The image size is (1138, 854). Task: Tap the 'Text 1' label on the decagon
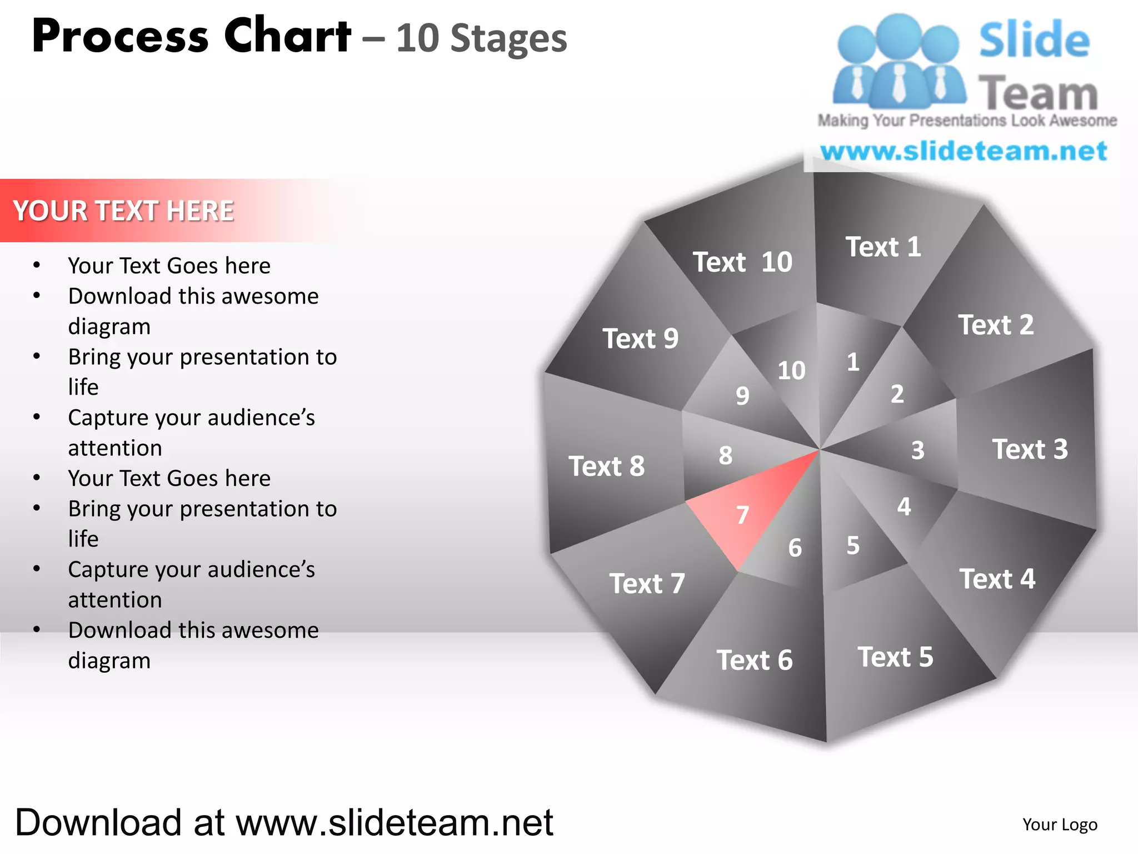point(883,247)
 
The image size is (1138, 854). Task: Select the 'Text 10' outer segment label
point(742,262)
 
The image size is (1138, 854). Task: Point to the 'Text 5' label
point(895,657)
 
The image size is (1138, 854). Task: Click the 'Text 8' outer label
point(606,466)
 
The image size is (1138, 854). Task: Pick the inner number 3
point(917,450)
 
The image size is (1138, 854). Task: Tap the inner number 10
point(791,371)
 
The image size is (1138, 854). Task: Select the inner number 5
point(853,545)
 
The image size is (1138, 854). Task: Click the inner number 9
point(742,396)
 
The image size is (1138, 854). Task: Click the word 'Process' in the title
point(120,37)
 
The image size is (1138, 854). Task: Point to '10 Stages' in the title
point(481,39)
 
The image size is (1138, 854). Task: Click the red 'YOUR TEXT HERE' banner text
point(123,211)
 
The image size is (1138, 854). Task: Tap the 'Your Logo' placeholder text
point(1060,825)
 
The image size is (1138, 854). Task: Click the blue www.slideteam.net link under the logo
point(964,151)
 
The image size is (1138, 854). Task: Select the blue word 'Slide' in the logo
point(1034,40)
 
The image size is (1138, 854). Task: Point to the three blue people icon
point(899,61)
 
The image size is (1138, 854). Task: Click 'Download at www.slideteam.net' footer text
point(284,822)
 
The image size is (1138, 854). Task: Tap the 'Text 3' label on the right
point(1030,449)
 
